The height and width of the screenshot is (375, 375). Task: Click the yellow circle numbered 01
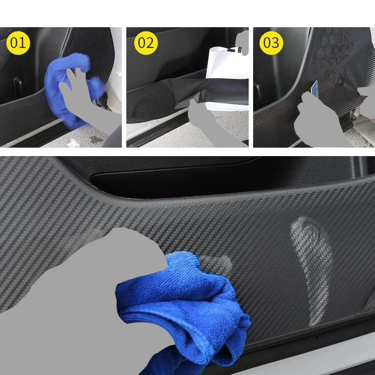pos(18,43)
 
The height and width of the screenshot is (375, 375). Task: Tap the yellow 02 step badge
pos(146,43)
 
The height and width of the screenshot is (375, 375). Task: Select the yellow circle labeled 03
pos(271,43)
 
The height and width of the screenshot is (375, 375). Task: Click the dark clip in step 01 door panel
pos(17,83)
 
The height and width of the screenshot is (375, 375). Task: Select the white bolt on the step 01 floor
pos(73,143)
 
